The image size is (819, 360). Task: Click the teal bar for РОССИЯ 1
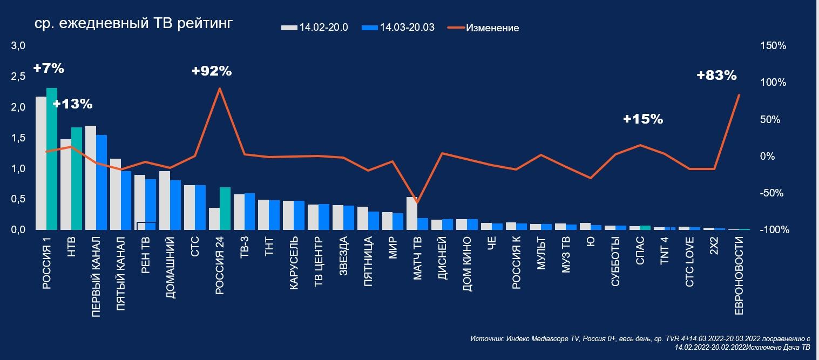point(52,159)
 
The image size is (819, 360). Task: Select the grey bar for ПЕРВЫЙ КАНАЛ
point(91,178)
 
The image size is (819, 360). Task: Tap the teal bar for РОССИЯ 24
point(225,208)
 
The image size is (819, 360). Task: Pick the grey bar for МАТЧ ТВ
point(412,213)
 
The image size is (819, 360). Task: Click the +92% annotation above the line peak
point(212,71)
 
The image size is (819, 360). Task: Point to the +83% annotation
point(716,76)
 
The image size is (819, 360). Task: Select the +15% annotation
point(642,119)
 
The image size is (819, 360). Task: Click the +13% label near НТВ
point(72,104)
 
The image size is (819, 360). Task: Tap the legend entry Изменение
point(492,28)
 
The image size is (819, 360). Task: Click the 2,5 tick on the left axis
point(18,77)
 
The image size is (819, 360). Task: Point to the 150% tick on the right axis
point(773,46)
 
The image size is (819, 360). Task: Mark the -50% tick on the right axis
point(773,193)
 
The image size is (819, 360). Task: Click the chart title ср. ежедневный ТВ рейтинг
point(133,25)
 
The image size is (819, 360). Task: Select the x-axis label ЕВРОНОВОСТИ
point(740,275)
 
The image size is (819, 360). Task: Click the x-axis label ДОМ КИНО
point(468,263)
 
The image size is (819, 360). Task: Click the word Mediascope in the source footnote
point(549,339)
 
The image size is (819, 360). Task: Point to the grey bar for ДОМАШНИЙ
point(165,200)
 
